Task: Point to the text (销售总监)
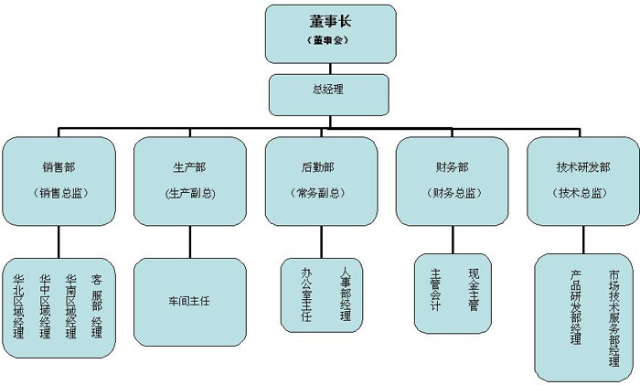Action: coord(59,193)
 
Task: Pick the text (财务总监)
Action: coord(452,193)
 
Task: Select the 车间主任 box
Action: coord(189,299)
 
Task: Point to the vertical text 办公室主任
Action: coord(306,294)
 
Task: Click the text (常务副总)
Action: coord(320,193)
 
